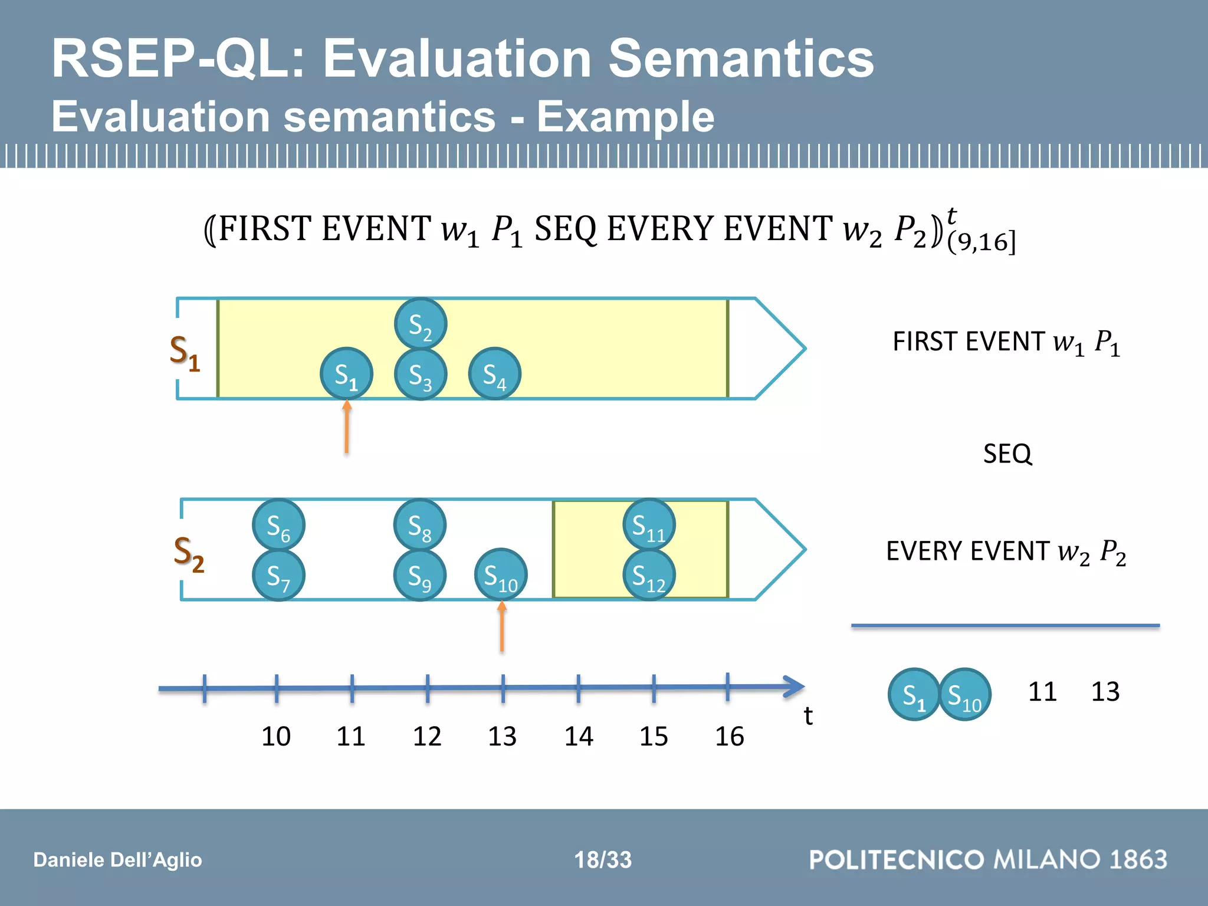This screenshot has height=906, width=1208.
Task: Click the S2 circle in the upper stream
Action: click(420, 324)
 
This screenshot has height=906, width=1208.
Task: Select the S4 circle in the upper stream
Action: click(494, 374)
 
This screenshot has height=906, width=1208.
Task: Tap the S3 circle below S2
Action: click(420, 375)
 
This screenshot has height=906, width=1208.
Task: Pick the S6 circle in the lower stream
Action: click(278, 525)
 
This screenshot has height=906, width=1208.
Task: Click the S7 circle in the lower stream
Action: click(278, 575)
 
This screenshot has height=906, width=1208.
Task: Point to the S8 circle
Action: click(419, 525)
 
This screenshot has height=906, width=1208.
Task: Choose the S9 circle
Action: click(419, 575)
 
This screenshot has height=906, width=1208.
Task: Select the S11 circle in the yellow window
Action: click(649, 525)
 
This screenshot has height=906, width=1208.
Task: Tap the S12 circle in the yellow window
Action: click(649, 575)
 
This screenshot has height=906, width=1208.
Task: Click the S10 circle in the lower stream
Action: click(501, 575)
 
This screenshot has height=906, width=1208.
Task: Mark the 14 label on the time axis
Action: click(579, 737)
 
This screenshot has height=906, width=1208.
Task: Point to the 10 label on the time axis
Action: click(276, 737)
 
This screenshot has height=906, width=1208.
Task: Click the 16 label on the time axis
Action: click(730, 737)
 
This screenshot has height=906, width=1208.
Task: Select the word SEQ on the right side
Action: click(1007, 454)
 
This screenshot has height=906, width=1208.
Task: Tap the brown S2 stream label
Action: click(189, 554)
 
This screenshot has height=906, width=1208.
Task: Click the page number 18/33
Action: click(603, 860)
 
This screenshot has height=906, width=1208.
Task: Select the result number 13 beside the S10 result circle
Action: click(1105, 692)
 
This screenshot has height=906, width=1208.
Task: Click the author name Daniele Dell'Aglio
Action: click(117, 860)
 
